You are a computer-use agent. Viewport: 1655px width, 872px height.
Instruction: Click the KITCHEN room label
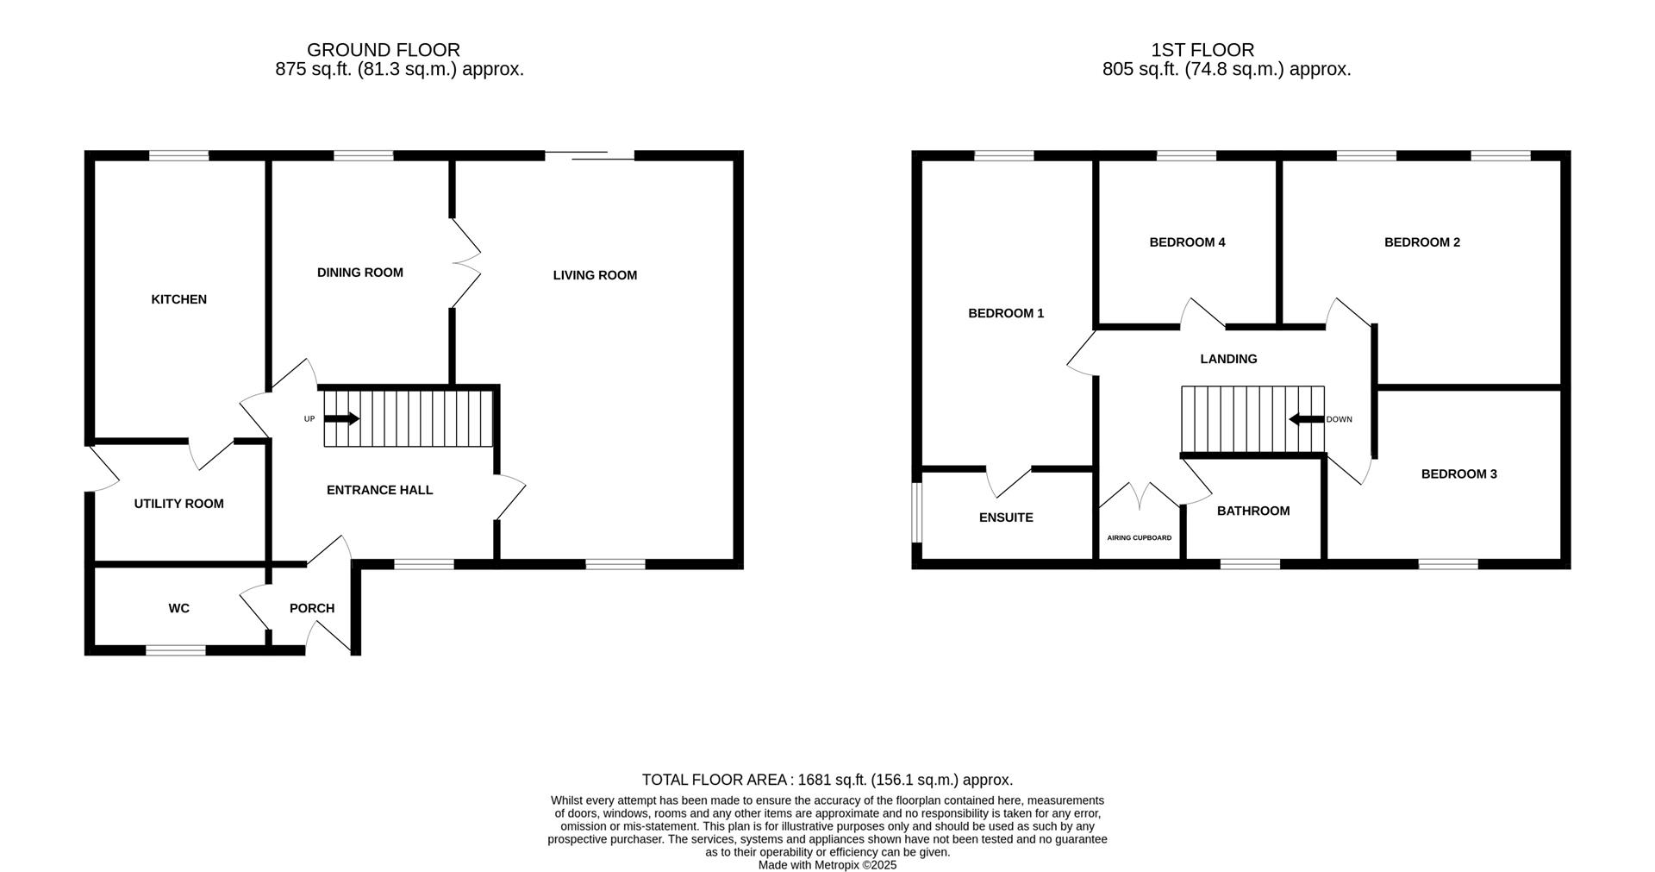pos(178,299)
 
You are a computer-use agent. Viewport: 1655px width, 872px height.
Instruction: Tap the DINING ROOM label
pos(359,273)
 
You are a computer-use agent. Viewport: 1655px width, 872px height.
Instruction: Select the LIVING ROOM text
pos(595,275)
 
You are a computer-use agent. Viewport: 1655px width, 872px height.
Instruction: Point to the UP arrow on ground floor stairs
pos(341,419)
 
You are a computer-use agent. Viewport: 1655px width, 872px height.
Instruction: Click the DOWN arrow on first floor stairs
pos(1306,419)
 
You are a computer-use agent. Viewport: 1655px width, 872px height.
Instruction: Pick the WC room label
pos(178,608)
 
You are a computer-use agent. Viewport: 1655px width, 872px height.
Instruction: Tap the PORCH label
pos(311,608)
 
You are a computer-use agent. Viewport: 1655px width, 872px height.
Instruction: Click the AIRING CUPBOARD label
pos(1139,537)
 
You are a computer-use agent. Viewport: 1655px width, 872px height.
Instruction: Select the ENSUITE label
pos(1005,518)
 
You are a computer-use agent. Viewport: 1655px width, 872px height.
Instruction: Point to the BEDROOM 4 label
pos(1187,242)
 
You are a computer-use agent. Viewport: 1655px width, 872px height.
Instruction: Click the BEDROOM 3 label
pos(1458,474)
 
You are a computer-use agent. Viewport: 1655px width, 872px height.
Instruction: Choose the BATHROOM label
pos(1252,511)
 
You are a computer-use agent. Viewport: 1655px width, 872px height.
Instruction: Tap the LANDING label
pos(1228,359)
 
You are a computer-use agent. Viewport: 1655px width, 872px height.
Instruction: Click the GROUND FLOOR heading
pos(384,50)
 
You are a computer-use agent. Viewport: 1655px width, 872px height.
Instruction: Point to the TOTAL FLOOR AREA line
pos(827,780)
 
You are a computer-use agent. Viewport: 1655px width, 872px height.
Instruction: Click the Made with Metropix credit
pos(827,864)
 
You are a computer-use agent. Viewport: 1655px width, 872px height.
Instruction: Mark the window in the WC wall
pos(176,649)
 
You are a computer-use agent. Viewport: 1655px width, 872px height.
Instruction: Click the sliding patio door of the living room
pos(590,156)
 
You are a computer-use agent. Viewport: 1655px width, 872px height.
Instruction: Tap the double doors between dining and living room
pos(465,263)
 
